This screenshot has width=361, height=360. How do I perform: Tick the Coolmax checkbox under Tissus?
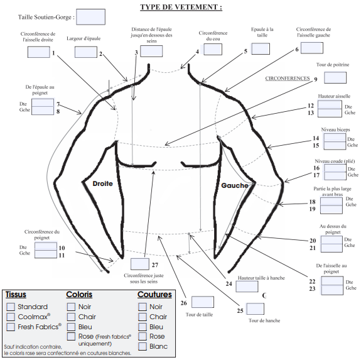tap(11, 317)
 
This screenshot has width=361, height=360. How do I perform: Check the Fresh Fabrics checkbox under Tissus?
tap(11, 327)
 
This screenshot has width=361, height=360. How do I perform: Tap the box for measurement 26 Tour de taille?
tap(203, 302)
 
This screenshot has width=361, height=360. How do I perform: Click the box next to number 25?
tap(255, 308)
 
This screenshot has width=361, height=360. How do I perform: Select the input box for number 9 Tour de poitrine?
tap(335, 78)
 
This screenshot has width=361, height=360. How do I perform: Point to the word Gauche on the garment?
tap(234, 186)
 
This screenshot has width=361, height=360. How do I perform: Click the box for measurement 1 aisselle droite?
tap(38, 52)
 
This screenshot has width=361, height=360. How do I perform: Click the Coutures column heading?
tap(154, 294)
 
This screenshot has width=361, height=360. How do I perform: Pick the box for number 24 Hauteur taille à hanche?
tap(247, 286)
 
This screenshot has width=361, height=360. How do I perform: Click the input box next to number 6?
tap(312, 47)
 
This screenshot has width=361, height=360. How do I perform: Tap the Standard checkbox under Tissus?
tap(11, 307)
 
